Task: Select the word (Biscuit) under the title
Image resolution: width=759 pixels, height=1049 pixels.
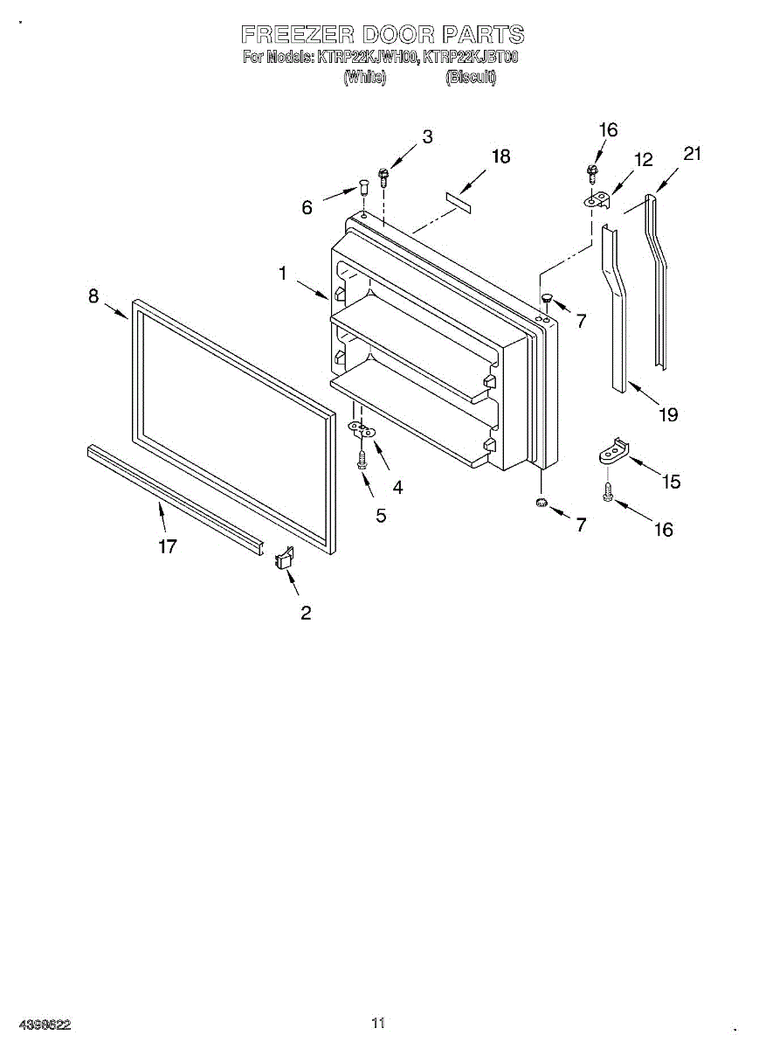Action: click(471, 77)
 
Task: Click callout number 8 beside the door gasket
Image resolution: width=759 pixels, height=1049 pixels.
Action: click(93, 296)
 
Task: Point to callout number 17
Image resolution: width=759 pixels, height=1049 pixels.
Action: click(168, 547)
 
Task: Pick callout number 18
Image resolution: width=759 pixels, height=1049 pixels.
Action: click(500, 156)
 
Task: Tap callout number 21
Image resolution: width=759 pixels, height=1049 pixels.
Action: click(692, 154)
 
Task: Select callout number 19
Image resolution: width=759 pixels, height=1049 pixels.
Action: click(668, 415)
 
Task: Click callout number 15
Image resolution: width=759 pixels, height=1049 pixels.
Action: click(671, 481)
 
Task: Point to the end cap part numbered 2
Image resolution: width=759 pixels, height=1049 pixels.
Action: click(284, 557)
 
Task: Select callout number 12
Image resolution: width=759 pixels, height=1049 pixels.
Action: click(644, 160)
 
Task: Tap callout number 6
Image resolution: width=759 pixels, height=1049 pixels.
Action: click(307, 208)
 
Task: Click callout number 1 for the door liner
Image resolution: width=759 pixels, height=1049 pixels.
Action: click(282, 274)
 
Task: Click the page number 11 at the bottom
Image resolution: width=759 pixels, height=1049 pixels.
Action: click(378, 1022)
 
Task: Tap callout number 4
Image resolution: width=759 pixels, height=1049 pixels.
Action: click(397, 488)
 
